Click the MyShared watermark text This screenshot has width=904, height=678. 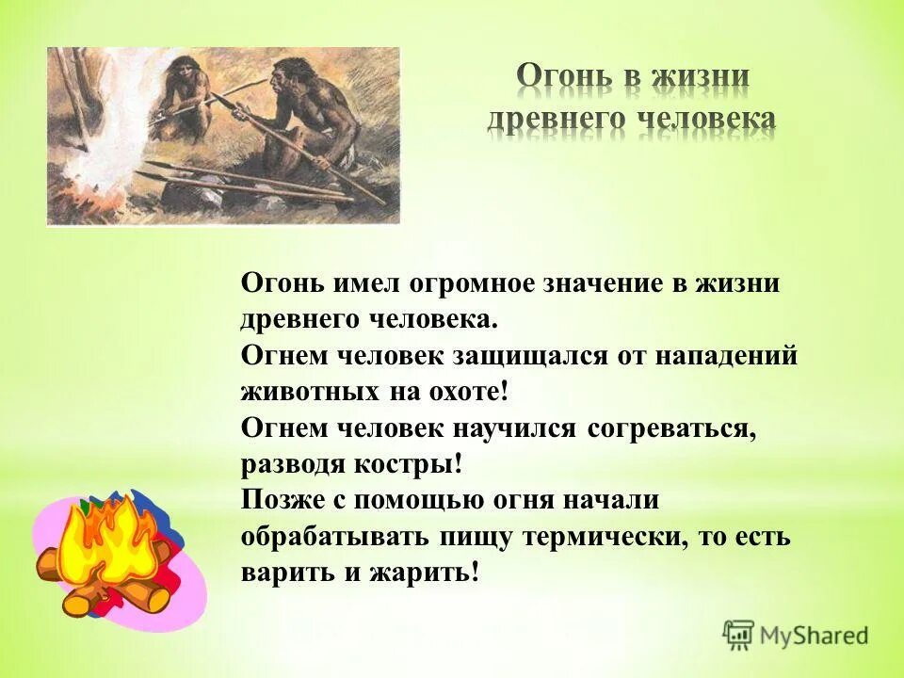point(815,636)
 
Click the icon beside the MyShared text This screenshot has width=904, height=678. point(739,636)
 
